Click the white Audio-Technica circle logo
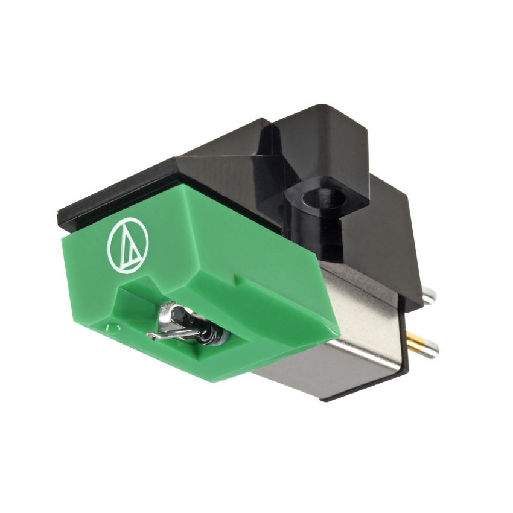(127, 245)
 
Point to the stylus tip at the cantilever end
(150, 336)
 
